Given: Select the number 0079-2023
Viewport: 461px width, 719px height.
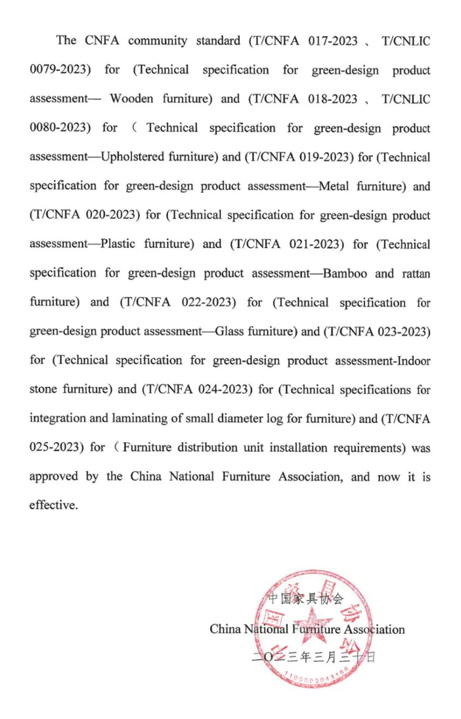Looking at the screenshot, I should tap(60, 70).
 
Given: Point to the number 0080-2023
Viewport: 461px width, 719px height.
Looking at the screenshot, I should tap(60, 128).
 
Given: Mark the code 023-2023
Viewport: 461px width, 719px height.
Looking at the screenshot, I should tap(403, 331).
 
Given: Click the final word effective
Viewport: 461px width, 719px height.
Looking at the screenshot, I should tap(53, 506).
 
